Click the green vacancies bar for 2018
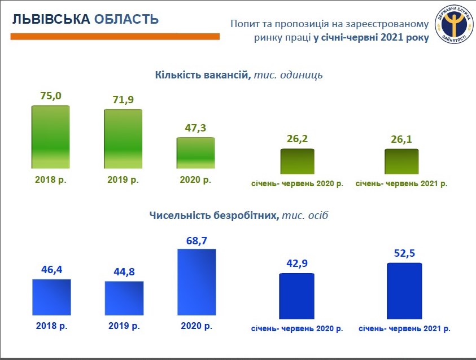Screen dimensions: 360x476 [x=50, y=137]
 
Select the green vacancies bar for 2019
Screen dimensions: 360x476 [x=123, y=138]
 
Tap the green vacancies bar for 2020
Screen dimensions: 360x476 [x=195, y=152]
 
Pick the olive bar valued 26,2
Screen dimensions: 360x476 [x=298, y=161]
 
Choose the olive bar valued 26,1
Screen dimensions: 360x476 [x=401, y=161]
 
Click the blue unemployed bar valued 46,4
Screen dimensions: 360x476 [x=51, y=298]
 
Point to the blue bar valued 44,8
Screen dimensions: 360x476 [x=124, y=299]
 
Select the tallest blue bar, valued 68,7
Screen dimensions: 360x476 [x=196, y=283]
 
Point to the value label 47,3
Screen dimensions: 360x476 [x=196, y=128]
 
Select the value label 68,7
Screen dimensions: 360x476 [x=197, y=240]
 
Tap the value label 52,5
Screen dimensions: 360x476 [x=404, y=254]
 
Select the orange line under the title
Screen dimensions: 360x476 [x=115, y=36]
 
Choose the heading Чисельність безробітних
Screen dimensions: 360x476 [x=213, y=215]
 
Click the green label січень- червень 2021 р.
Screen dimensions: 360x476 [x=401, y=184]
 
